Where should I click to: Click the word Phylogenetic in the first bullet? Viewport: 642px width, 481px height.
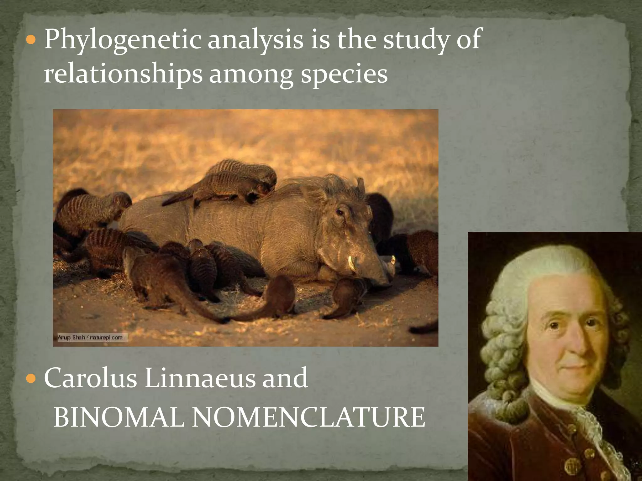tap(122, 40)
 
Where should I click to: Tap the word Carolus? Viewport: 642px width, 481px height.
tap(91, 378)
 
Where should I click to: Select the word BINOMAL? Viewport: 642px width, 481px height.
tap(119, 417)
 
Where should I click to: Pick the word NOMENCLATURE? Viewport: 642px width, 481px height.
tap(308, 417)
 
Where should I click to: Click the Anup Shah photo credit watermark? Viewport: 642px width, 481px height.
tap(90, 338)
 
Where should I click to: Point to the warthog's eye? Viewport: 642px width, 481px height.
tap(339, 213)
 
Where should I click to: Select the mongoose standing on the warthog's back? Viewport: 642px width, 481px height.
tap(226, 182)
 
